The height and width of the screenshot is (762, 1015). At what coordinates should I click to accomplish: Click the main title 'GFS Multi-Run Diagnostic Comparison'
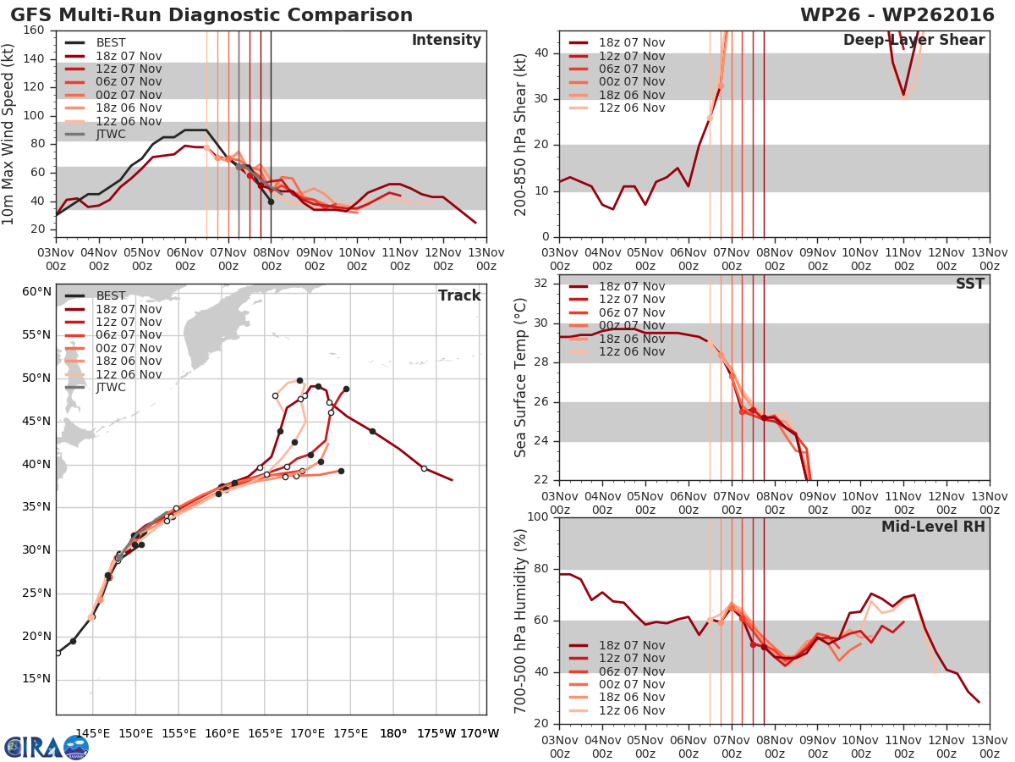[211, 15]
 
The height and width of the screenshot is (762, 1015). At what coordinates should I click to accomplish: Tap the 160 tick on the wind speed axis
[35, 30]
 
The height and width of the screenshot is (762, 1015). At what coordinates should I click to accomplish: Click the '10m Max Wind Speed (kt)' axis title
[9, 129]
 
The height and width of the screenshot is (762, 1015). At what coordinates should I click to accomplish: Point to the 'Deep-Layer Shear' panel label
[913, 41]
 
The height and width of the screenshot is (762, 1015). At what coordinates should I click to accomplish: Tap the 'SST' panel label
[969, 284]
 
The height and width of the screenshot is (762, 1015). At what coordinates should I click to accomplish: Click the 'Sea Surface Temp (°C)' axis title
[520, 378]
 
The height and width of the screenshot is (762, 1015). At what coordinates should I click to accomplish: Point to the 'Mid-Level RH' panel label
[933, 527]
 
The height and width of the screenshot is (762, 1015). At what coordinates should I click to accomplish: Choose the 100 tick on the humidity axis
[540, 516]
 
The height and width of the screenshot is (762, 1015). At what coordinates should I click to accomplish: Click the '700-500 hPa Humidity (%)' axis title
[520, 620]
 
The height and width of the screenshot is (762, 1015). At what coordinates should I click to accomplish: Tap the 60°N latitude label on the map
[36, 292]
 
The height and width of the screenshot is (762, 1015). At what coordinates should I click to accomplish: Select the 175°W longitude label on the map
[434, 733]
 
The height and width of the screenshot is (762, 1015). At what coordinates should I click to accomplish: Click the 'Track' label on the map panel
[458, 295]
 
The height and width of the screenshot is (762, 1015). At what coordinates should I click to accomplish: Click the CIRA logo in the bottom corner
[47, 747]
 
